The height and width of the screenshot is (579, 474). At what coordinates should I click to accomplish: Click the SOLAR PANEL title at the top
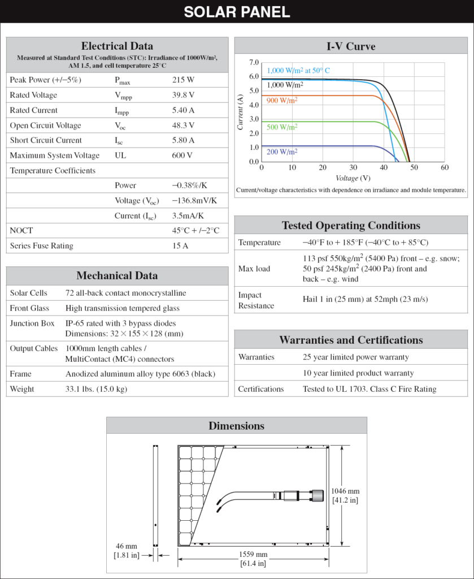coord(237,11)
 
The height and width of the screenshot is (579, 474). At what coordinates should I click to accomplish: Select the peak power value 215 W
coord(183,80)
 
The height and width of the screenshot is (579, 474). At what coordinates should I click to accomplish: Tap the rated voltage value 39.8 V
coord(183,95)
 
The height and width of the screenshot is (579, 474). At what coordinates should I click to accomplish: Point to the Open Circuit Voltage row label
coord(45,126)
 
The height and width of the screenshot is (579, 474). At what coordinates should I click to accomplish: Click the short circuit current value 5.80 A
coord(183,140)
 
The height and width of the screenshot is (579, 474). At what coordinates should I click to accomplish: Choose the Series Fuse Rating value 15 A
coord(180,246)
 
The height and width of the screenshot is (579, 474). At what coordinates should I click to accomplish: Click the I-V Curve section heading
coord(351,46)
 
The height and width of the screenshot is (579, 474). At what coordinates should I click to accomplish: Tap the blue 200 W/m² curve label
coord(282,152)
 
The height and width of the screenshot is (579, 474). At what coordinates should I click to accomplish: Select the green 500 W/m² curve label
coord(282,127)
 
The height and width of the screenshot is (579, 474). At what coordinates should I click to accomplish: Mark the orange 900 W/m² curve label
coord(282,100)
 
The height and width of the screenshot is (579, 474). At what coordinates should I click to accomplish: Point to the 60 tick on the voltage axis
coord(445,168)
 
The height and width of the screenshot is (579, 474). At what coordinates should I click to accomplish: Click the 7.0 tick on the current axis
coord(254,62)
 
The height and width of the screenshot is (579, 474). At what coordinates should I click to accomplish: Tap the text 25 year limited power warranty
coord(356,357)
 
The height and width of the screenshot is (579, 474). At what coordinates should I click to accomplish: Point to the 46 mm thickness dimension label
coord(127,546)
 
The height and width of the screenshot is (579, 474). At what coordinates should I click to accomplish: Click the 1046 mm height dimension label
coord(346,491)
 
